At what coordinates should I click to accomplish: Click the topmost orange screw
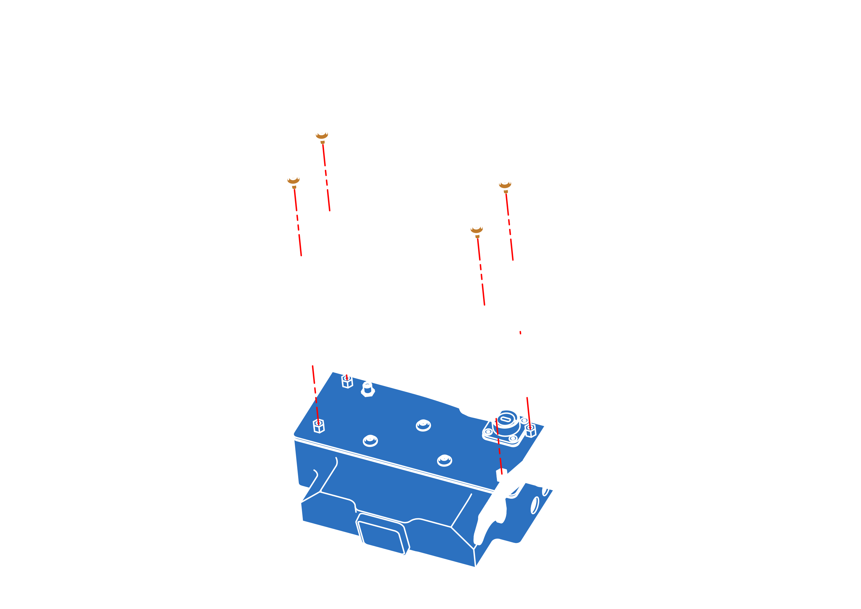322,136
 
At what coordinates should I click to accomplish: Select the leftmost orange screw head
293,181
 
